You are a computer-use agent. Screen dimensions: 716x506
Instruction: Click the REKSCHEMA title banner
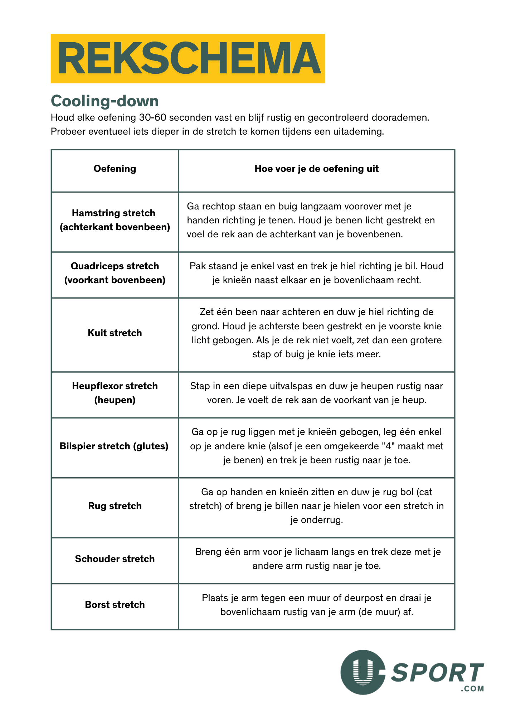pyautogui.click(x=188, y=59)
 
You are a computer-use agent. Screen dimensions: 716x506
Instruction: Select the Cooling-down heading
pyautogui.click(x=104, y=101)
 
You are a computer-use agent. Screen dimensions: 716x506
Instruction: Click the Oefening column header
pyautogui.click(x=115, y=169)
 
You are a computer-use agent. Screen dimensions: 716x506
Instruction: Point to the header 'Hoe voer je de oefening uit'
pyautogui.click(x=316, y=169)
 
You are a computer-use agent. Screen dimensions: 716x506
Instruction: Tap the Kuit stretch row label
pyautogui.click(x=115, y=333)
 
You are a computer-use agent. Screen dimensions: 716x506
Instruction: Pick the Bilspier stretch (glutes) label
pyautogui.click(x=114, y=446)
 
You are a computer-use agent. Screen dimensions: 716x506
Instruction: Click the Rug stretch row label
pyautogui.click(x=115, y=506)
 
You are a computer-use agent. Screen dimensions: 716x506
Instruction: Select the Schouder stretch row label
pyautogui.click(x=115, y=559)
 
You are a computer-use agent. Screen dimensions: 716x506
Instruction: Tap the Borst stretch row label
pyautogui.click(x=115, y=605)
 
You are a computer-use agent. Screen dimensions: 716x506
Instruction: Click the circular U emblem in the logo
pyautogui.click(x=363, y=672)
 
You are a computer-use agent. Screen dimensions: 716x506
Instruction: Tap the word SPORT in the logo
pyautogui.click(x=437, y=673)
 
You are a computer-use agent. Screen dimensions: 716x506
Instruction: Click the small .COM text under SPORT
pyautogui.click(x=473, y=689)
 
